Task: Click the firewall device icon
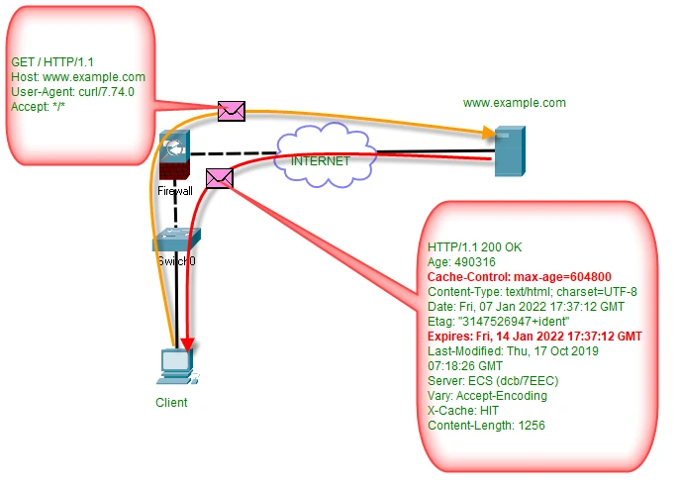coord(175,158)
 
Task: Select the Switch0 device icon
coord(176,241)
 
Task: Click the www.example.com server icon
coord(509,150)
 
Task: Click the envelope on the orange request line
coord(232,110)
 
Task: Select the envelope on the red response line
coord(219,178)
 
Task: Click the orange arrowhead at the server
coord(488,133)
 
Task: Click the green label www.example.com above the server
coord(514,103)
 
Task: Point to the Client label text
coord(171,403)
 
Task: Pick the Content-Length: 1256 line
coord(486,426)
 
